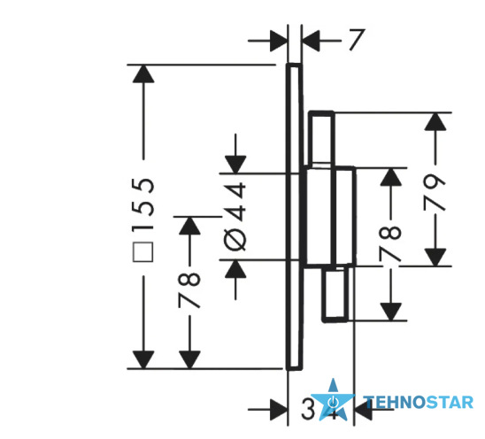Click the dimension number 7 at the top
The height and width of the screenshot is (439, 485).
click(357, 40)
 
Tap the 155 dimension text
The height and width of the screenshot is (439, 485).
click(143, 204)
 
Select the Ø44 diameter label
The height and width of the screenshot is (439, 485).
click(235, 216)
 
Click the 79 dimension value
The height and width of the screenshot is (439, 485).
click(435, 192)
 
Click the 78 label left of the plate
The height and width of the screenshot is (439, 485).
click(189, 290)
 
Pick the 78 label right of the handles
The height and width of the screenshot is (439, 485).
click(390, 243)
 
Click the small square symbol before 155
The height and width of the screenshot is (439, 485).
click(142, 252)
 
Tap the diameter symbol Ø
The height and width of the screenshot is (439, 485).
click(235, 240)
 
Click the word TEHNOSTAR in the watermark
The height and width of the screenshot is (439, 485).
click(420, 403)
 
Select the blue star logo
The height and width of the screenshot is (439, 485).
click(333, 400)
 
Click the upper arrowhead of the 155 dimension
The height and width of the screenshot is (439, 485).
click(143, 73)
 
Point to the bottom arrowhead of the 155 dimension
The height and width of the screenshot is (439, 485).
click(143, 360)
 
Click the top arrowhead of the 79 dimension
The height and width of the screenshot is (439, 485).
click(435, 121)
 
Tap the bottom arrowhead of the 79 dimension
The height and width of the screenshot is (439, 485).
click(435, 257)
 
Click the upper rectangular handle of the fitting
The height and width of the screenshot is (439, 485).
click(322, 138)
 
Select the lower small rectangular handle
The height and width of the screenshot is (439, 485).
click(335, 294)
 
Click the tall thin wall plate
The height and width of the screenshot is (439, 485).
click(294, 217)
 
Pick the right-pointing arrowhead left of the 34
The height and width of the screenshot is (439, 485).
click(279, 409)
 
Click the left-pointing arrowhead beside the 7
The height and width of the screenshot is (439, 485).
click(311, 41)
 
